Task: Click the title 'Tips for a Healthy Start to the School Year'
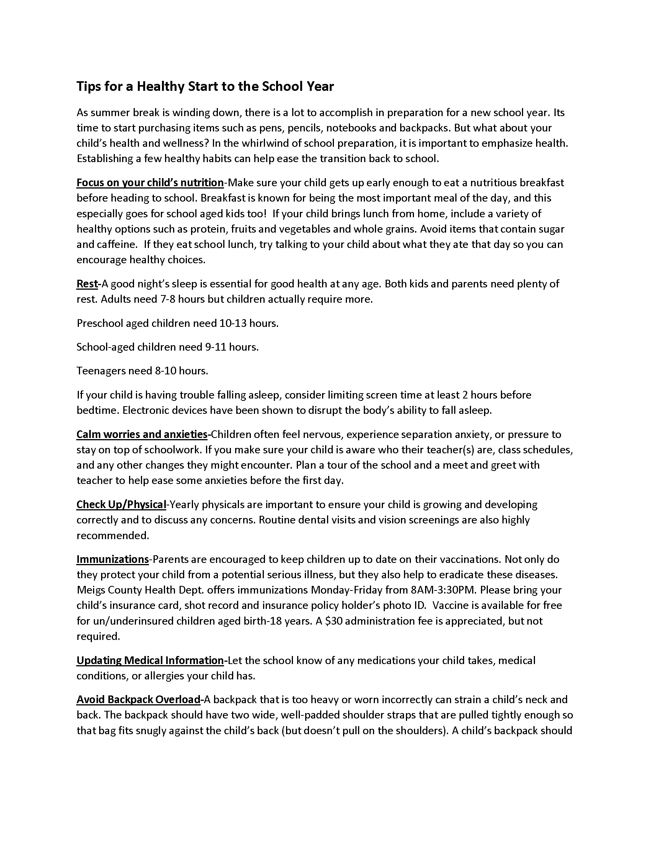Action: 205,87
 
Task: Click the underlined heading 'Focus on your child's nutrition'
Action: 150,182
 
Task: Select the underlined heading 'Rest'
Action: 87,284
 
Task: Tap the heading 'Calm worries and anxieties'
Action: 142,435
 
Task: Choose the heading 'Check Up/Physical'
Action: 121,505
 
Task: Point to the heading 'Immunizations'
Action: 112,560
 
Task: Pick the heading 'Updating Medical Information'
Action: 150,661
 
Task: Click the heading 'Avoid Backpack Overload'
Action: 138,700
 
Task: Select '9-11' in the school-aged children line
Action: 214,348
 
